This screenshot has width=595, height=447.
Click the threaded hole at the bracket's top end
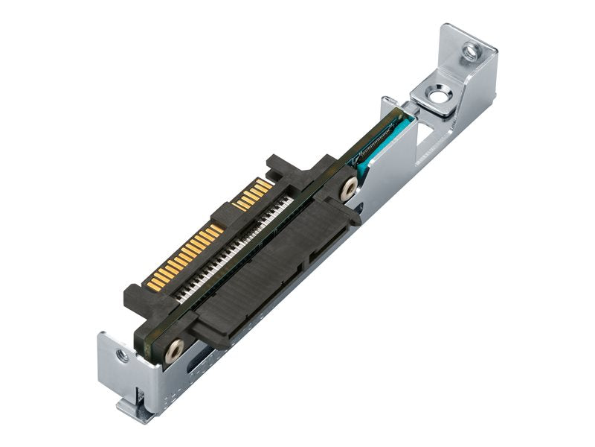point(470,51)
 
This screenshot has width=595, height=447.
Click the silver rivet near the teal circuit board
point(348,190)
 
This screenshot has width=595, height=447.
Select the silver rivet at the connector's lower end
point(175,349)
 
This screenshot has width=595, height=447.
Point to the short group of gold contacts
point(253,194)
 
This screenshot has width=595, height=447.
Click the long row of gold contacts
point(182,257)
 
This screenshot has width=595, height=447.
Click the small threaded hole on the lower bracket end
point(122,356)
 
